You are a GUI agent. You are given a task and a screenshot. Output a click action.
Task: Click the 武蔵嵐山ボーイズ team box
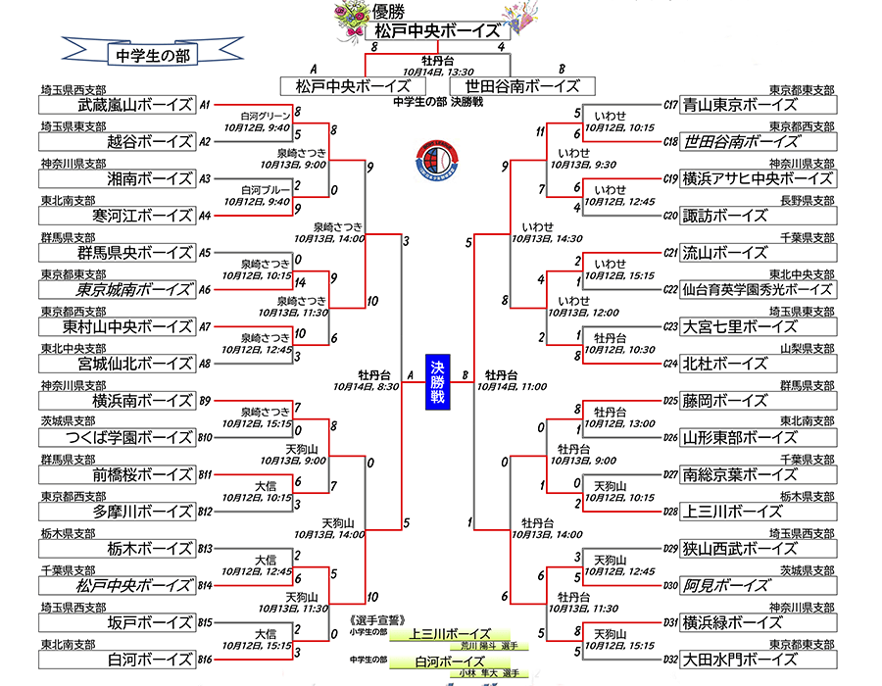tap(118, 105)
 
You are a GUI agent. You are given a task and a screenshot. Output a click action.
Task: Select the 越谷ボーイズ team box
tap(118, 141)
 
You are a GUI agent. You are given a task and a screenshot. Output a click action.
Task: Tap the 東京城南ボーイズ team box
tap(118, 289)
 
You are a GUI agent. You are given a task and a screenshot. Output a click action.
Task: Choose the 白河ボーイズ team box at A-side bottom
tap(118, 658)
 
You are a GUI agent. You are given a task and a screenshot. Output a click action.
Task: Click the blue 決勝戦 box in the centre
tap(437, 381)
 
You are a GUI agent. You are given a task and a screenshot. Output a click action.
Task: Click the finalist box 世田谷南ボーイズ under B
tap(522, 86)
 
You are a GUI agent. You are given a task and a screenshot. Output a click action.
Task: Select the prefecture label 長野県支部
tap(808, 199)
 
